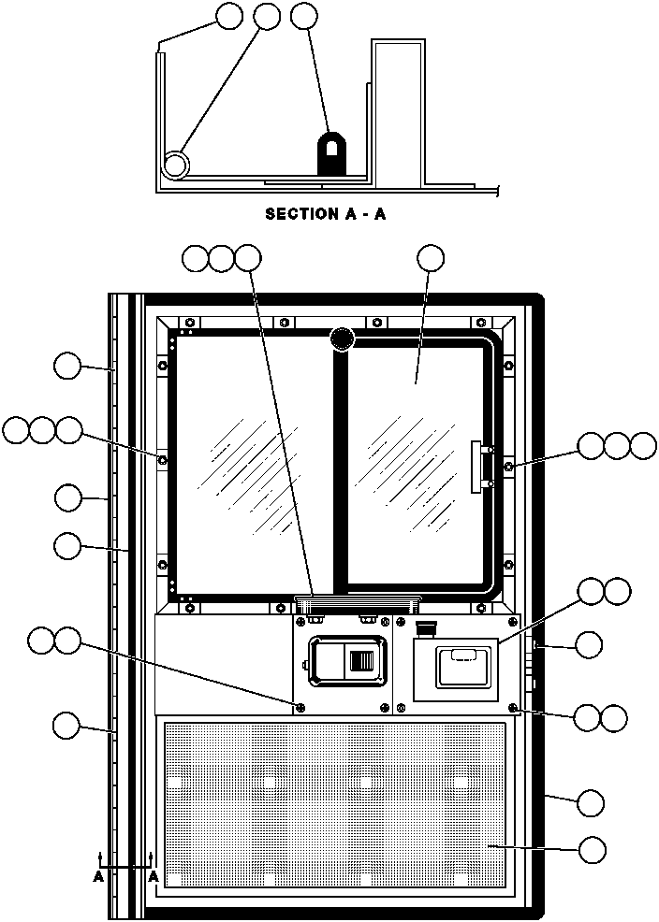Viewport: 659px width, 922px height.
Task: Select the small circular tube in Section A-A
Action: pos(175,166)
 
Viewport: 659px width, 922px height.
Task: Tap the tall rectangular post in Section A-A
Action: pos(400,112)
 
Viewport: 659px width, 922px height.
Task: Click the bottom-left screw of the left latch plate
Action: pos(300,707)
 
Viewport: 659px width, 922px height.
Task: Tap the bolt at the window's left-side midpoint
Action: pos(163,460)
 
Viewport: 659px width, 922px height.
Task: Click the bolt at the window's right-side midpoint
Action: pos(508,465)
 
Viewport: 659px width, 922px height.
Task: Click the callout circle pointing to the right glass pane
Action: pos(431,258)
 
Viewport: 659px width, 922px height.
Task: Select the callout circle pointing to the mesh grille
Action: pos(592,849)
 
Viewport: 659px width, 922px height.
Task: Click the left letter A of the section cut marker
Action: pos(98,877)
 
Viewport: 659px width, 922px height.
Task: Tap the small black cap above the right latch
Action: pos(426,627)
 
